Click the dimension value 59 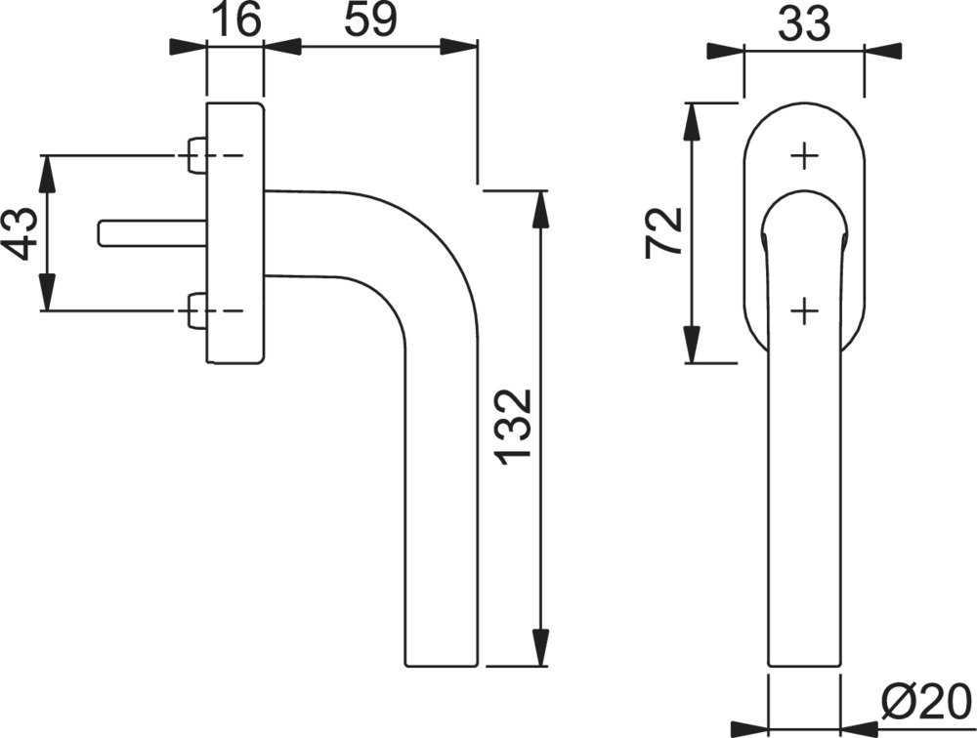(370, 20)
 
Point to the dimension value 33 (804, 23)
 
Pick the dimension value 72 (663, 231)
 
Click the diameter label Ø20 (927, 701)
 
